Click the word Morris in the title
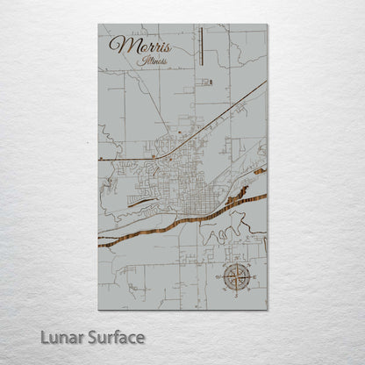pos(140,47)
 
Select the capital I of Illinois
pos(141,62)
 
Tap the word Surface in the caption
pos(114,337)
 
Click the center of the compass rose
pos(235,278)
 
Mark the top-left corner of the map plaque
pos(98,25)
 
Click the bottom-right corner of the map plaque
pos(267,310)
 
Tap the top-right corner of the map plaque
pos(267,25)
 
